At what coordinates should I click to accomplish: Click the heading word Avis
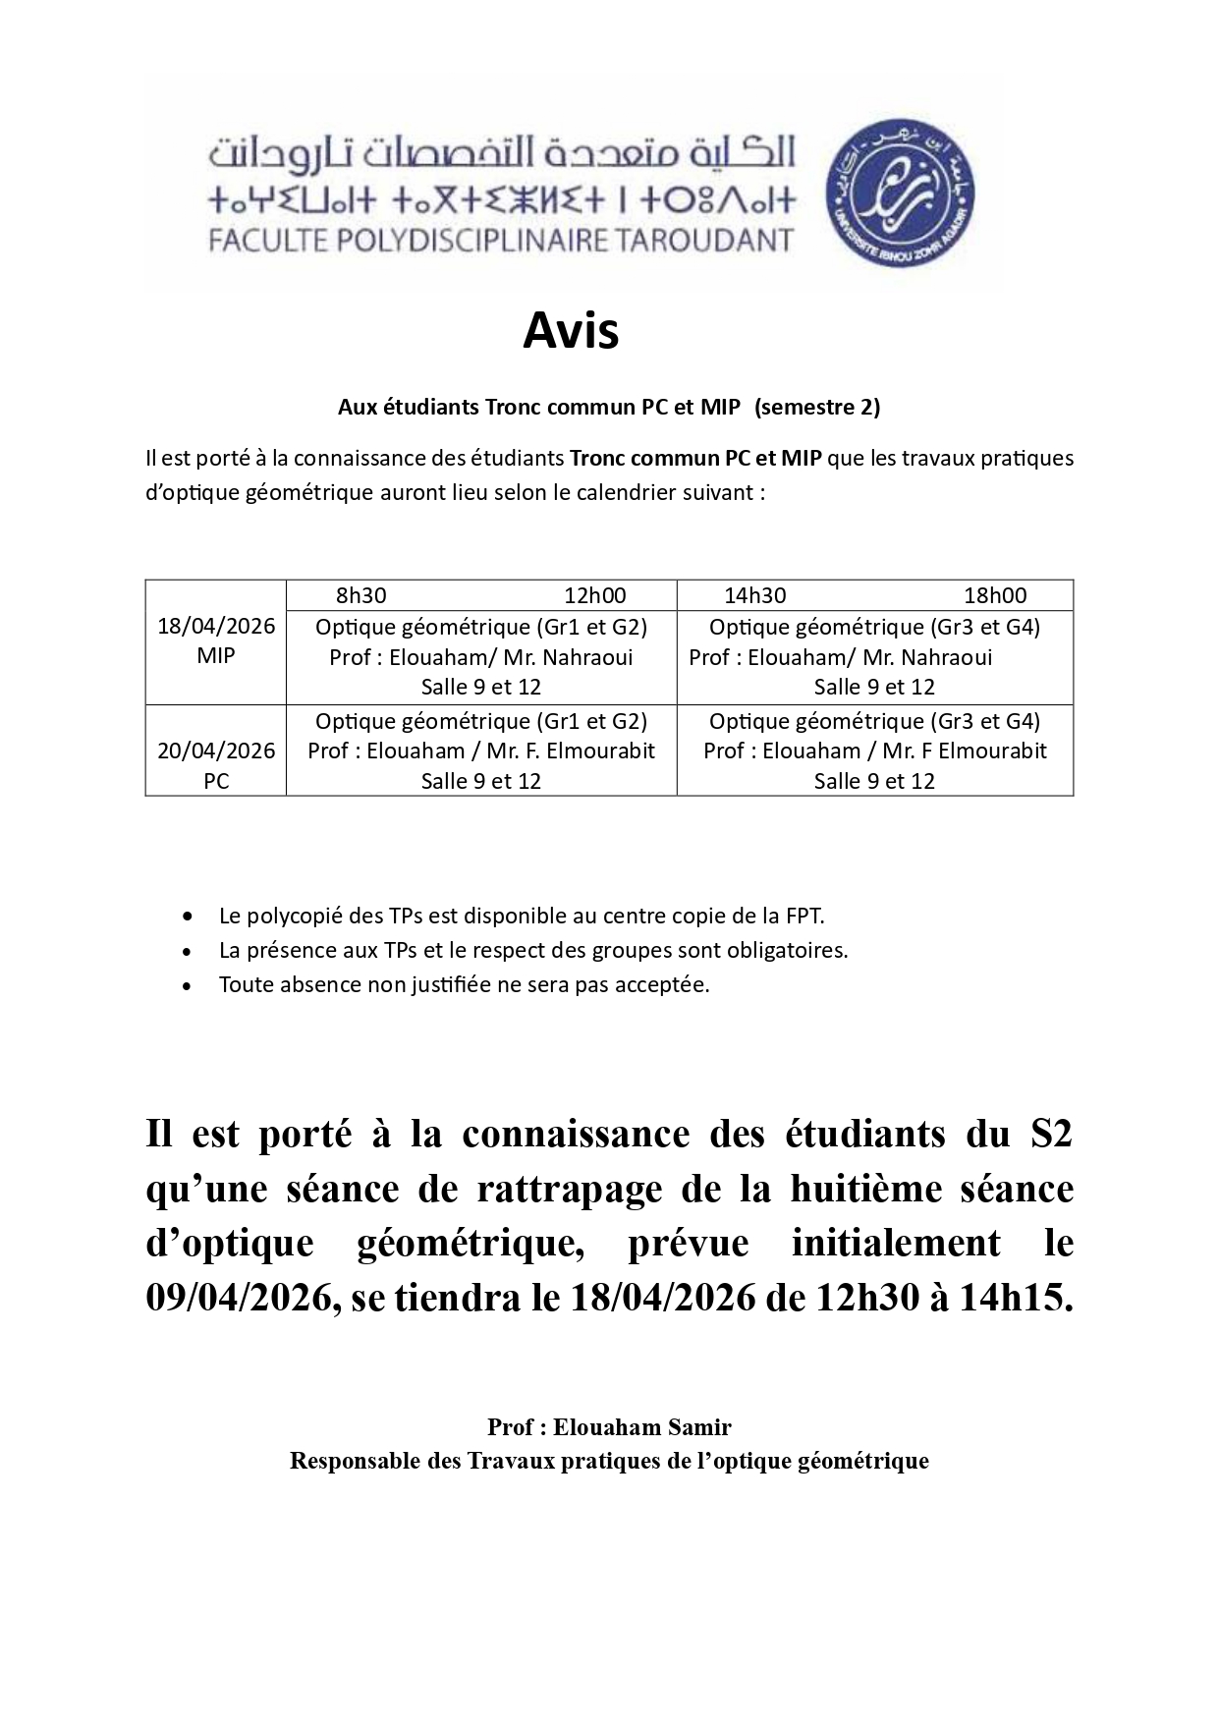coord(571,332)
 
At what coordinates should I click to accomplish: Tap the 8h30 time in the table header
coord(360,595)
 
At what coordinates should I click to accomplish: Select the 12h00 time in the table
coord(594,595)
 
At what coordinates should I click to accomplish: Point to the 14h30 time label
coord(754,595)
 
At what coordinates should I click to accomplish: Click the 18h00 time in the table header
coord(995,595)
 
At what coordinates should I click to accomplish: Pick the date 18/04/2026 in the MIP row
coord(216,627)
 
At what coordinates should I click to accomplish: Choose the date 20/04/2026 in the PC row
coord(216,751)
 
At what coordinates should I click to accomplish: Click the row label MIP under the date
coord(216,656)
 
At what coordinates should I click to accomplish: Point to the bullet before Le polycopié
coord(188,917)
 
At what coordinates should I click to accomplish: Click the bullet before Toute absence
coord(188,985)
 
